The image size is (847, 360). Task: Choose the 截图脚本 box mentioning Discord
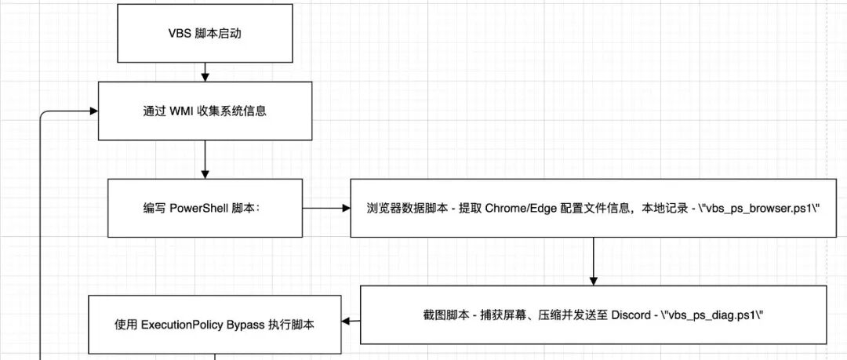point(593,315)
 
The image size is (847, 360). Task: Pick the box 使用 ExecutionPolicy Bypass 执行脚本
point(214,323)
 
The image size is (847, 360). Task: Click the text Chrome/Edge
point(518,209)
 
